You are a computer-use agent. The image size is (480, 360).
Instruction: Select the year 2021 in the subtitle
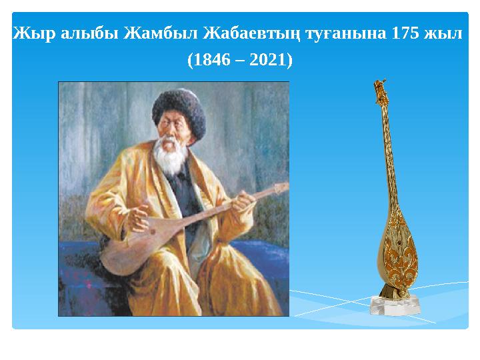tap(269, 61)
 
